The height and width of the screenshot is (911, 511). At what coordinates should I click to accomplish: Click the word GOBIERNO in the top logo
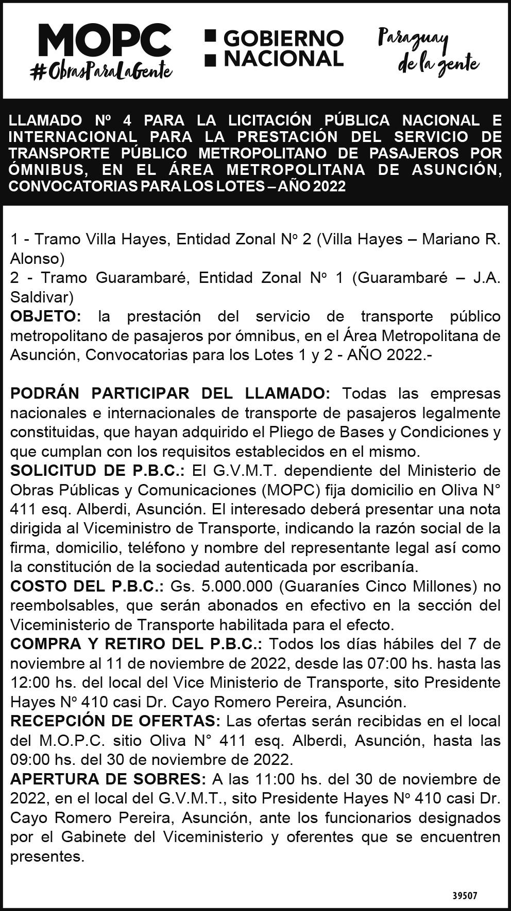284,38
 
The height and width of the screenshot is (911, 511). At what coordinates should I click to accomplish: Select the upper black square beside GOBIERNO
210,36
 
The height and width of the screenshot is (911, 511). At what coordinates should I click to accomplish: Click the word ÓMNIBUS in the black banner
48,169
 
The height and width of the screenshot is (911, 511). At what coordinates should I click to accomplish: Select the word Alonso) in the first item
38,258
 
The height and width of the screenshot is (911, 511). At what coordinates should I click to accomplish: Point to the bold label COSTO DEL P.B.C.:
87,586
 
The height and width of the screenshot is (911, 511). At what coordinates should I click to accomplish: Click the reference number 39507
465,896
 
